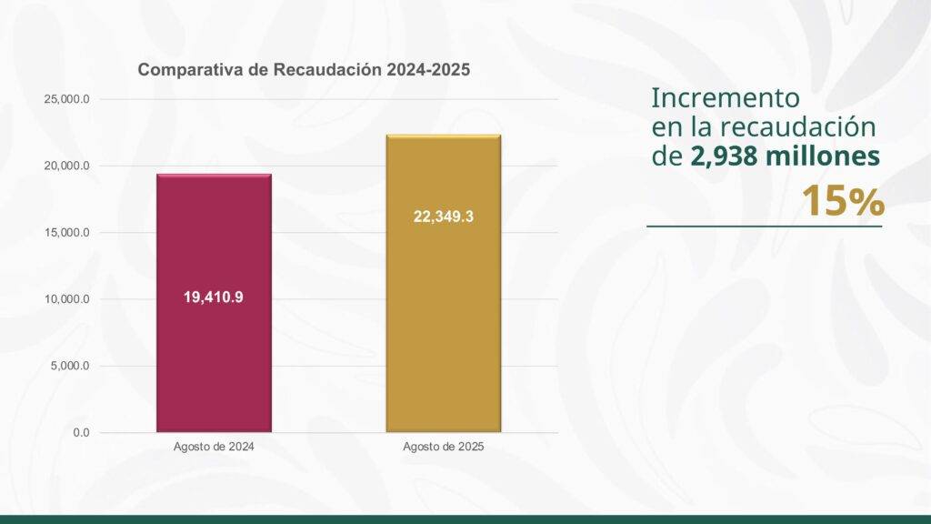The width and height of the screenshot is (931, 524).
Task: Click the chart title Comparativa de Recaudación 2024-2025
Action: click(x=303, y=70)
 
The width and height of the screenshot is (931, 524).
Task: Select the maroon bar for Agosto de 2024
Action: click(x=214, y=364)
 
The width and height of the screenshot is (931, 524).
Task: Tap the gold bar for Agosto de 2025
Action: click(x=443, y=346)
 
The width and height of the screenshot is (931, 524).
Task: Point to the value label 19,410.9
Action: click(x=214, y=297)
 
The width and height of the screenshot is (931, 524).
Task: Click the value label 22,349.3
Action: click(x=443, y=217)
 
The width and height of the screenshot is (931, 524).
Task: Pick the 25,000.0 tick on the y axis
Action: click(x=66, y=98)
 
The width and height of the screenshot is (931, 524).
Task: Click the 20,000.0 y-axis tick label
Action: click(x=66, y=166)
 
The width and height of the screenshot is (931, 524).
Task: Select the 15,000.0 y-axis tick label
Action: click(x=66, y=232)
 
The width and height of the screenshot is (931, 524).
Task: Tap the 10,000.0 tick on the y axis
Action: click(x=66, y=299)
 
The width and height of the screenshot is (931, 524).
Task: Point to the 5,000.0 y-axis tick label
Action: click(x=69, y=366)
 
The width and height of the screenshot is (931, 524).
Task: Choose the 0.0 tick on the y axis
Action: click(x=82, y=432)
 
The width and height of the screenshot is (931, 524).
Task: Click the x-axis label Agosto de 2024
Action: click(x=214, y=448)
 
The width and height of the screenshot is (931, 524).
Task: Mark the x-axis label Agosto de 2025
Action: click(x=443, y=448)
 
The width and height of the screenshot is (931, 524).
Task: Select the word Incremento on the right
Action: click(x=726, y=97)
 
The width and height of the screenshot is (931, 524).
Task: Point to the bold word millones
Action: click(x=823, y=156)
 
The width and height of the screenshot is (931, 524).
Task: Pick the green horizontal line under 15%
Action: click(x=764, y=226)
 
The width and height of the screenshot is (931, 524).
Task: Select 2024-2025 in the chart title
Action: click(x=427, y=70)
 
